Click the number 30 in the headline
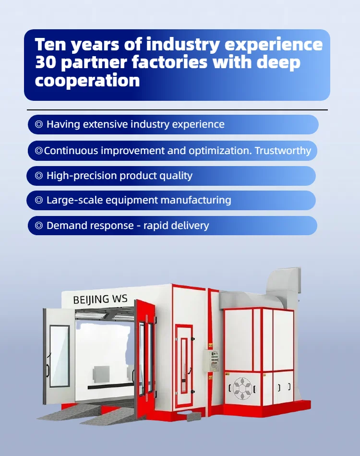(x=46, y=62)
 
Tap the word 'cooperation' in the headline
(x=87, y=80)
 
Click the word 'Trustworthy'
(x=283, y=151)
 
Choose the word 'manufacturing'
(x=196, y=200)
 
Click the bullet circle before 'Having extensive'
(x=39, y=124)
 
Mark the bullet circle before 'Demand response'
(x=39, y=226)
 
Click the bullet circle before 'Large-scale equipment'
(x=39, y=200)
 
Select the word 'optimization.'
(x=220, y=151)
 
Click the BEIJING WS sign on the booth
(x=100, y=299)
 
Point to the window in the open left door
(x=59, y=356)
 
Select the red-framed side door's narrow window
(x=184, y=364)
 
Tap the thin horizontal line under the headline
(x=178, y=110)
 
